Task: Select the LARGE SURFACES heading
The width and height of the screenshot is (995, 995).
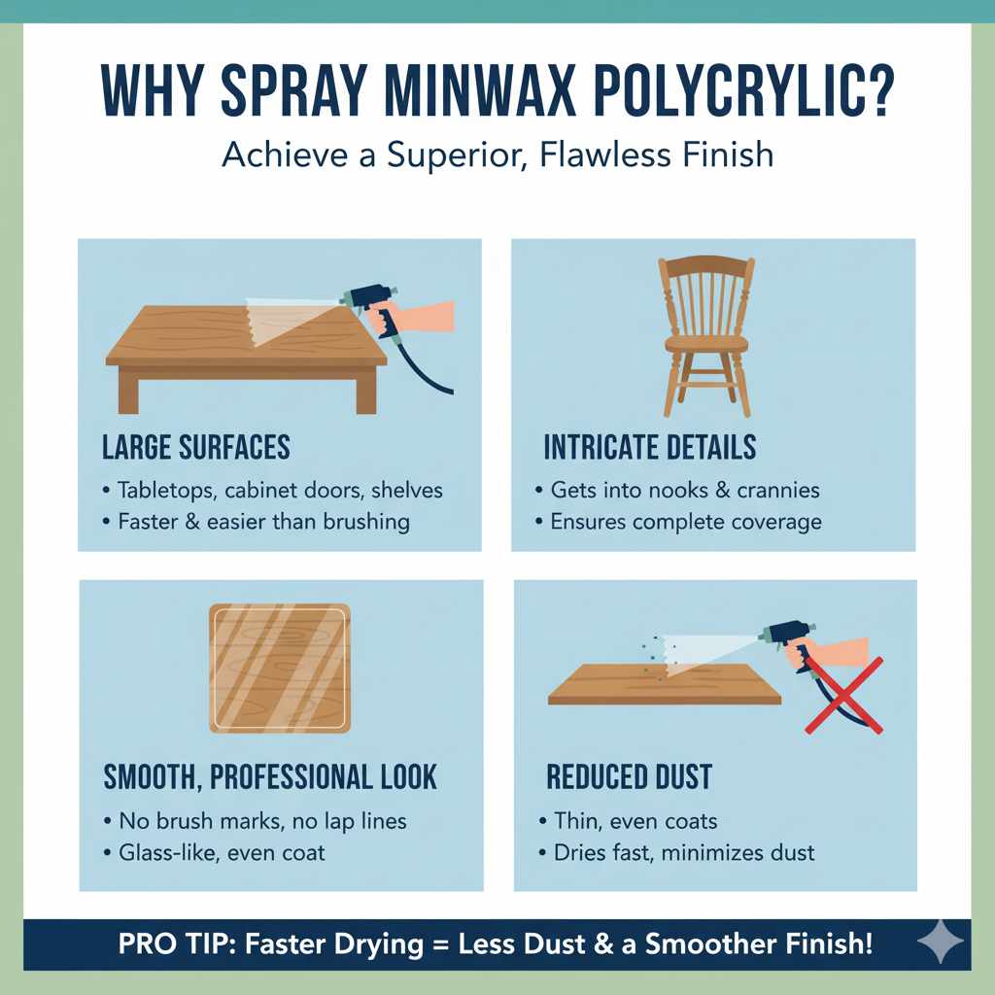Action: [x=196, y=447]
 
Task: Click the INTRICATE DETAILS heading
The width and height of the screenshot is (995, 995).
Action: [x=649, y=447]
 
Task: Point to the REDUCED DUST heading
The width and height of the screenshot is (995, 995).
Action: [x=629, y=777]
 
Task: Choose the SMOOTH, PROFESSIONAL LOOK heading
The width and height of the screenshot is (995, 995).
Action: [x=270, y=777]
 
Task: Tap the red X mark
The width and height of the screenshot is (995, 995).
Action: [x=842, y=694]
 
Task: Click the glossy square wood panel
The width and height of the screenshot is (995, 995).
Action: [x=280, y=668]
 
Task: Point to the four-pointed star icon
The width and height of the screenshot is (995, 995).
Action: [x=940, y=943]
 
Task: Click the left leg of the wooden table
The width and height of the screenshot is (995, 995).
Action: [x=128, y=391]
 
